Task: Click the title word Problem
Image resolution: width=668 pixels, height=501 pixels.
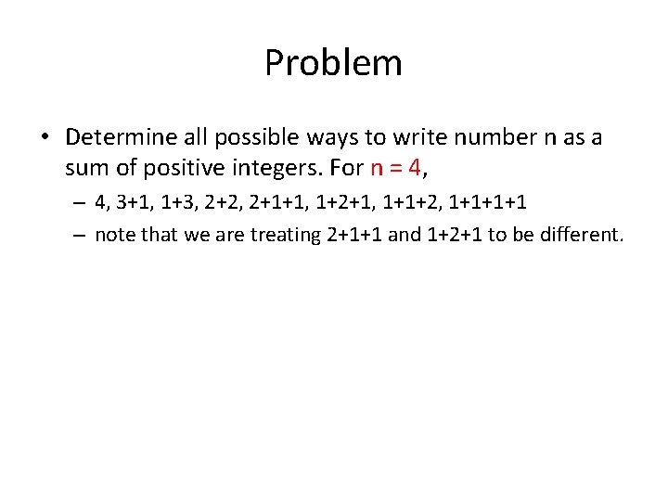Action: [333, 63]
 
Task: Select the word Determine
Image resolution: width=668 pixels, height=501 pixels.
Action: [118, 138]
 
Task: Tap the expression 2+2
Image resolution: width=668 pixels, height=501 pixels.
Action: [232, 203]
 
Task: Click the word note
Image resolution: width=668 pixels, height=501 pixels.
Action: [114, 235]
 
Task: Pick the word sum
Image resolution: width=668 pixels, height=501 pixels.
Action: [86, 169]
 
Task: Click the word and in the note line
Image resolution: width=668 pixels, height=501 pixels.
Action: [405, 235]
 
